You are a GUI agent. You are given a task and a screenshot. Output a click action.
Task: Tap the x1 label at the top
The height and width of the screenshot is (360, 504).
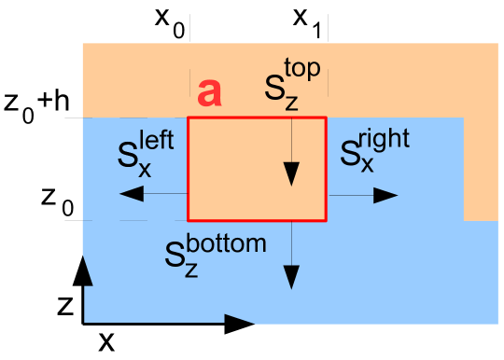point(308,21)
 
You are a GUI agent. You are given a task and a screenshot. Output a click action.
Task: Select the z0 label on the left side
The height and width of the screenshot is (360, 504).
point(53,199)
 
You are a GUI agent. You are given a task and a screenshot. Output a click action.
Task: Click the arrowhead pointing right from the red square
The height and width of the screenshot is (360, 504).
point(386,195)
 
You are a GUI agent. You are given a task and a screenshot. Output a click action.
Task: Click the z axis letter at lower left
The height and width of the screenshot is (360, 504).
point(61,304)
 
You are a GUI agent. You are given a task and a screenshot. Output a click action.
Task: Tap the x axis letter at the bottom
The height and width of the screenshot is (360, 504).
point(107,341)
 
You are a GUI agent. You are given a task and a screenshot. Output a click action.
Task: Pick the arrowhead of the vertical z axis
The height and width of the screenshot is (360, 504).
point(84,270)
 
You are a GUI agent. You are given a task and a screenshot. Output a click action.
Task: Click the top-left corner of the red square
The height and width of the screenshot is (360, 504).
point(189,118)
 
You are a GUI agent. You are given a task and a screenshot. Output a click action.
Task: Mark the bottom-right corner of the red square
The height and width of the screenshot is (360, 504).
point(326,220)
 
